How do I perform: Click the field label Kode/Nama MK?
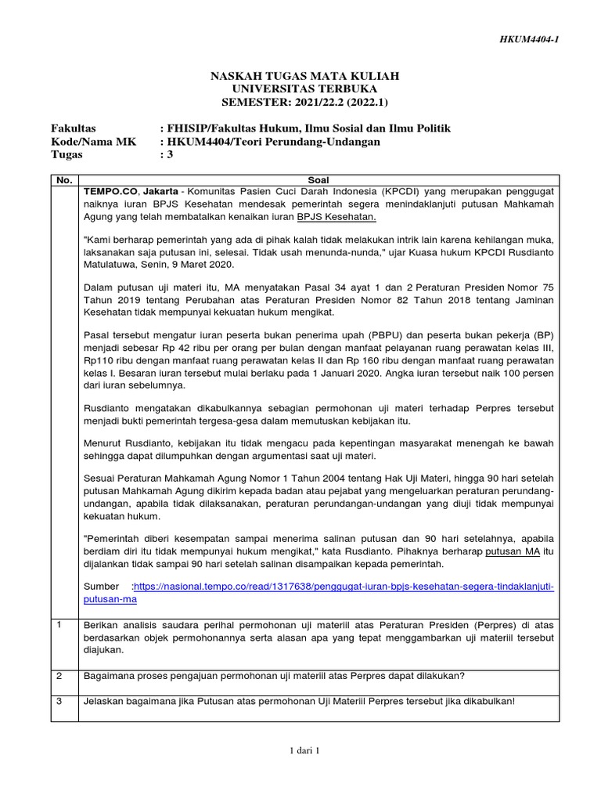88,142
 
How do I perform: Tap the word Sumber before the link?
101,586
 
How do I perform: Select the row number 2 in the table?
59,675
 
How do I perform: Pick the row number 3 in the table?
59,700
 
